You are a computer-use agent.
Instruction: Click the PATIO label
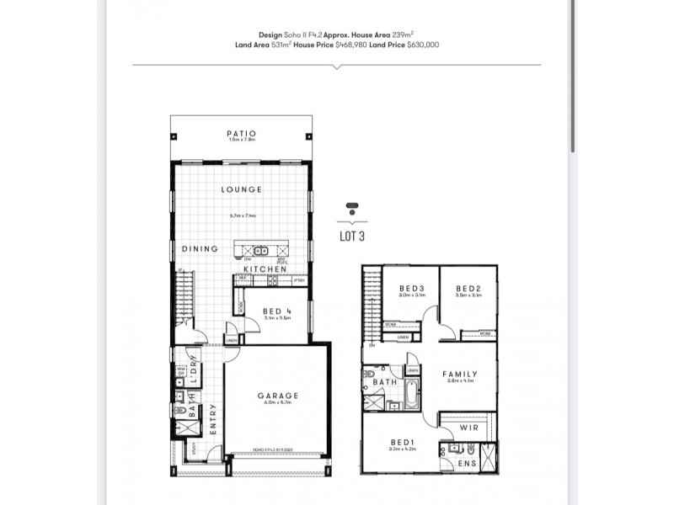pyautogui.click(x=241, y=134)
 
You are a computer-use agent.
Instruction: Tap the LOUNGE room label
pyautogui.click(x=241, y=190)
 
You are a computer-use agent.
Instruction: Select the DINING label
pyautogui.click(x=200, y=249)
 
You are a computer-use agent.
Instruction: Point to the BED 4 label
pyautogui.click(x=276, y=311)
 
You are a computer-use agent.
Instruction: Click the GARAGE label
pyautogui.click(x=277, y=396)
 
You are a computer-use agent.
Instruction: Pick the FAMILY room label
pyautogui.click(x=460, y=375)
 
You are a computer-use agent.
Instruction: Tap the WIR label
pyautogui.click(x=468, y=428)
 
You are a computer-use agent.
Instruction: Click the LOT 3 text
pyautogui.click(x=351, y=237)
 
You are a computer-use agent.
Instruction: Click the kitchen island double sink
pyautogui.click(x=261, y=250)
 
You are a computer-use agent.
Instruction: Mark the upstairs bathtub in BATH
pyautogui.click(x=409, y=392)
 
